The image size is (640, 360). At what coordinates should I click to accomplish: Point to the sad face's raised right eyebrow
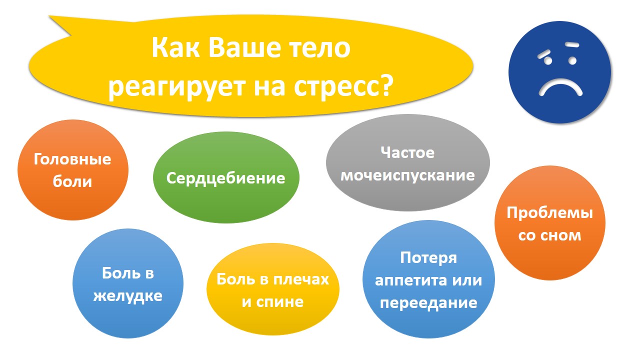click(572, 44)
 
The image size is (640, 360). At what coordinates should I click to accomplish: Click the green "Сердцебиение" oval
click(226, 177)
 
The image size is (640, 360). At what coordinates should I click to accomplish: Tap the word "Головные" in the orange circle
click(72, 159)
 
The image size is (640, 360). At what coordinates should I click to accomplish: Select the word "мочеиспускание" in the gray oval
click(407, 175)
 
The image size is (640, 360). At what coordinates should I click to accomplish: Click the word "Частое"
click(407, 152)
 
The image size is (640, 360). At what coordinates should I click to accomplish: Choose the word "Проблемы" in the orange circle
click(549, 213)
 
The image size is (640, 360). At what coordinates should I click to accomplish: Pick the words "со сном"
click(549, 235)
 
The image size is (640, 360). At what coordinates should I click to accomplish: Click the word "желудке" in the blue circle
click(127, 296)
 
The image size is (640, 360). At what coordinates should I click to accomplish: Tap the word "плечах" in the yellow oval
click(301, 279)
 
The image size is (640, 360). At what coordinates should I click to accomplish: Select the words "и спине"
click(272, 301)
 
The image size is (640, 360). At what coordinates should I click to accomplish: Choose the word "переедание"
click(428, 303)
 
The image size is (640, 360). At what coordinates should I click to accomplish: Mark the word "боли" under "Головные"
click(72, 181)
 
